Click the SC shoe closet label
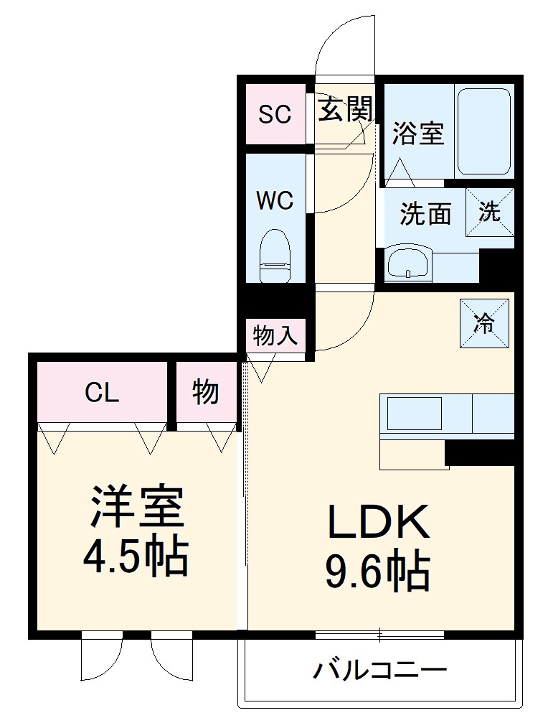tap(275, 114)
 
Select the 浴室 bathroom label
tap(418, 134)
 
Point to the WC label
tap(275, 200)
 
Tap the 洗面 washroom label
tap(425, 213)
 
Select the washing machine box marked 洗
tap(490, 212)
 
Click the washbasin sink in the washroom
tap(409, 263)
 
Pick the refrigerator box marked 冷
tap(485, 322)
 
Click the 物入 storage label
tap(275, 335)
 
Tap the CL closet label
tap(102, 393)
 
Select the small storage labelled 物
tap(205, 393)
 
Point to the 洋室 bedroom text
tap(136, 509)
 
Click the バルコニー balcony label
tap(379, 671)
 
